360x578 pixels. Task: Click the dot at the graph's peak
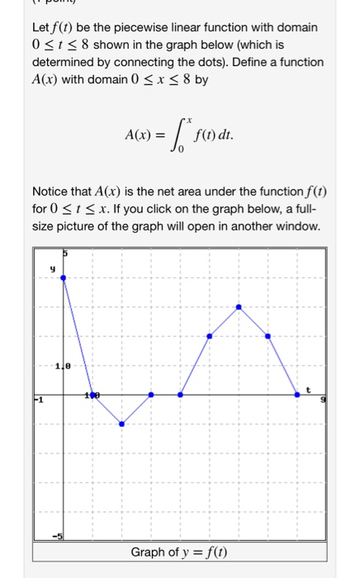tap(239, 306)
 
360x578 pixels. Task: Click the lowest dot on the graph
tap(121, 424)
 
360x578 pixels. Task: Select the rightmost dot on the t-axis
tap(297, 395)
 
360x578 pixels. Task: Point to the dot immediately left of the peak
tap(209, 336)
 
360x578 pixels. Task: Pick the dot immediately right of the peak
tap(268, 336)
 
